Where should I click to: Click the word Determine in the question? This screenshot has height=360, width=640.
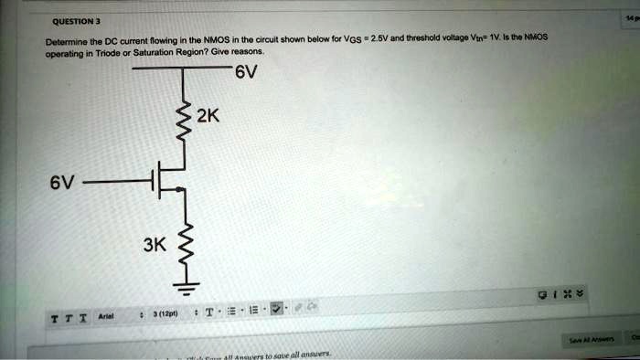(x=66, y=42)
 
